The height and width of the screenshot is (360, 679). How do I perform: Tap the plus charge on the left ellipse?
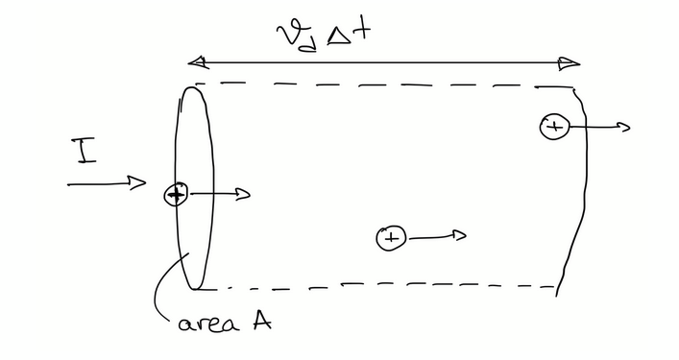click(x=175, y=195)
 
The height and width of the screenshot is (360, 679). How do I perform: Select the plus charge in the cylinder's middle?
click(x=391, y=237)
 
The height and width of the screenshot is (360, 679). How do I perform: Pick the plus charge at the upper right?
click(x=553, y=126)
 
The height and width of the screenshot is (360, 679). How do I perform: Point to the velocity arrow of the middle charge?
click(x=437, y=236)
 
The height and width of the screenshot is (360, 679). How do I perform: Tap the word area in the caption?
click(x=203, y=324)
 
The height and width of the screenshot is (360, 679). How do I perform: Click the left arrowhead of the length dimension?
click(x=198, y=63)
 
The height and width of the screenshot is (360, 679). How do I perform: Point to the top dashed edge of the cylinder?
click(x=384, y=85)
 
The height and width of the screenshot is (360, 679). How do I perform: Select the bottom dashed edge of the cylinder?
click(x=384, y=286)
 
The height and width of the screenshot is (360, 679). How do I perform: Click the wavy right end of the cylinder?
click(x=579, y=192)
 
